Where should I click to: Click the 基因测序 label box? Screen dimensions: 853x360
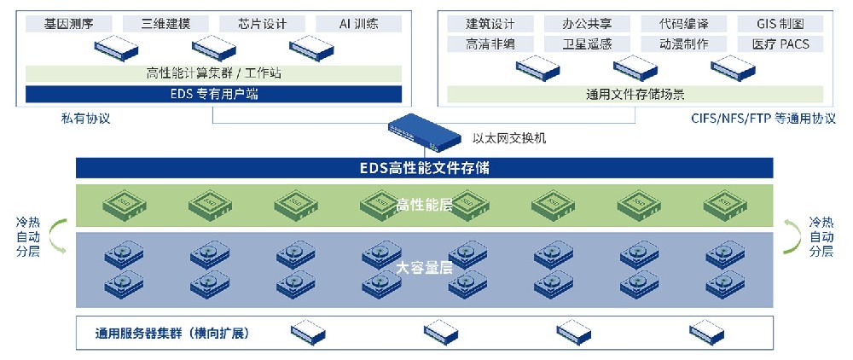69,24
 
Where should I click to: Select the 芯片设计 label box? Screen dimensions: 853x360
262,24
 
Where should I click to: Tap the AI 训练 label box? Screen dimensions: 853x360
359,24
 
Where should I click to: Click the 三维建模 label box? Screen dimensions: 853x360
166,24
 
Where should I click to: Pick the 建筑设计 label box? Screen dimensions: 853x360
490,24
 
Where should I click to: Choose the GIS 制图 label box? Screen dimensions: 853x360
780,24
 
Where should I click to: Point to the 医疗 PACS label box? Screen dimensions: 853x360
780,44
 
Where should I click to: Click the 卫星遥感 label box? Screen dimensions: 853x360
587,44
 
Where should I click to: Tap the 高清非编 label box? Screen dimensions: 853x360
490,44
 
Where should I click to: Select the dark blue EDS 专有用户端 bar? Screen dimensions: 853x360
214,94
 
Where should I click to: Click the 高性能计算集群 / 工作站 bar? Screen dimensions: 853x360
214,73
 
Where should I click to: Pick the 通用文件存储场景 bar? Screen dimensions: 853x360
635,94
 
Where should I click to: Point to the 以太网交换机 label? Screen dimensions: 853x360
509,138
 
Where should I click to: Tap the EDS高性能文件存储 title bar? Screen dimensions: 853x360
424,168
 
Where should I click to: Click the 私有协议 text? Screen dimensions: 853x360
85,119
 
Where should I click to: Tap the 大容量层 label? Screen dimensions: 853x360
424,268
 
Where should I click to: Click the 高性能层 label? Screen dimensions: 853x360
424,205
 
